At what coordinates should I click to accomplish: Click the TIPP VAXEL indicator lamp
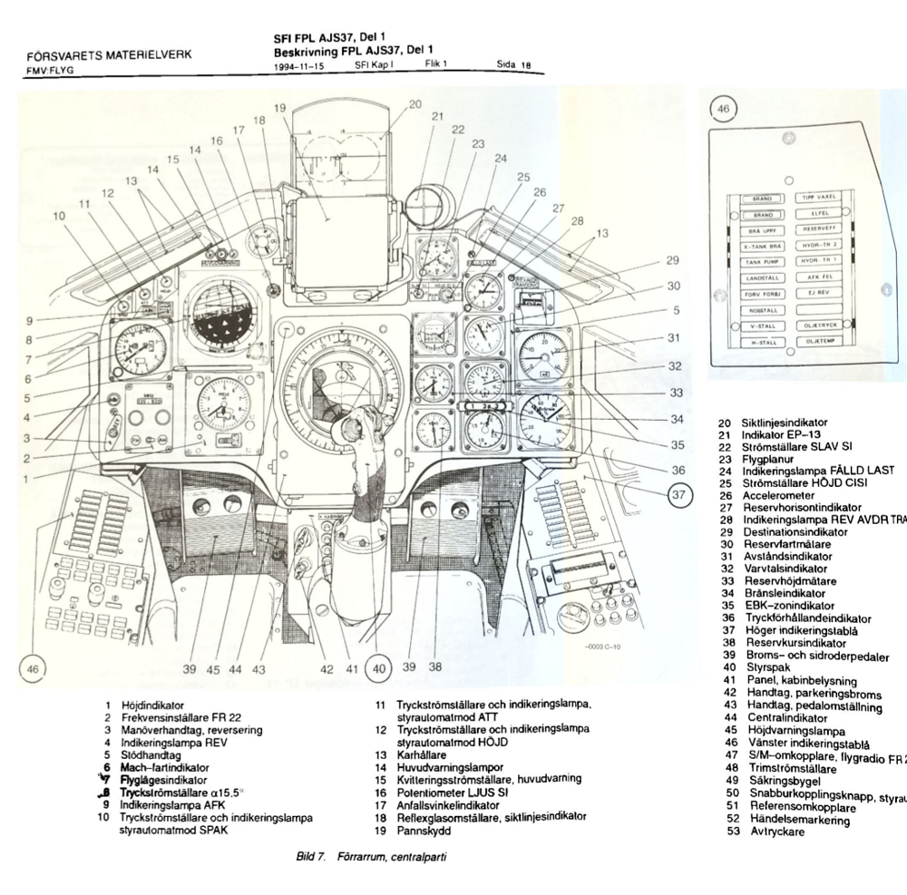click(x=819, y=197)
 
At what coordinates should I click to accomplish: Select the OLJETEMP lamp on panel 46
click(x=819, y=342)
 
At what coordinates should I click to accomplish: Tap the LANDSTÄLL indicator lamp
click(x=762, y=277)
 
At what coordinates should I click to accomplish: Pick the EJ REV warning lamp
click(x=819, y=293)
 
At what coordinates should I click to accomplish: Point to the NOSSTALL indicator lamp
click(x=762, y=309)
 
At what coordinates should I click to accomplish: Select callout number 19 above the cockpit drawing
click(x=281, y=108)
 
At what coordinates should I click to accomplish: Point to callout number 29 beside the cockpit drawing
click(x=672, y=260)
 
